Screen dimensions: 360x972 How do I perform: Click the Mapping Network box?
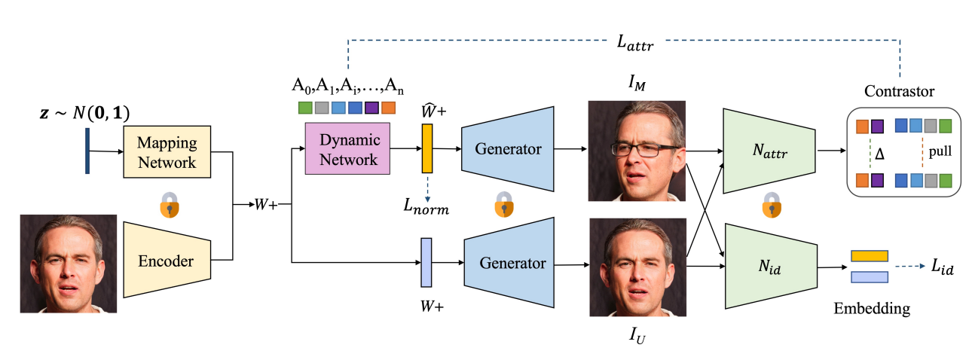pos(167,152)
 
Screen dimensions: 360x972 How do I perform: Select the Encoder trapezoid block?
pos(167,261)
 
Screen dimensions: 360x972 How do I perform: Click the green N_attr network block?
pos(769,151)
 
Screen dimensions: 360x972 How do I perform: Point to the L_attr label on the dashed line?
pos(634,44)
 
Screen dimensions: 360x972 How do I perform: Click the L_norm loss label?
pos(426,208)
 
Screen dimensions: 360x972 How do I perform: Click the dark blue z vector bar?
pos(88,151)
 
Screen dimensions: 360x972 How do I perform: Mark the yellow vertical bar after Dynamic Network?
pos(427,148)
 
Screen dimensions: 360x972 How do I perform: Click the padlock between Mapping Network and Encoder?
pos(170,205)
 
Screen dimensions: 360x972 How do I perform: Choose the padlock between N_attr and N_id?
pos(769,205)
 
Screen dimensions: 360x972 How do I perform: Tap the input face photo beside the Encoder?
pos(69,263)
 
